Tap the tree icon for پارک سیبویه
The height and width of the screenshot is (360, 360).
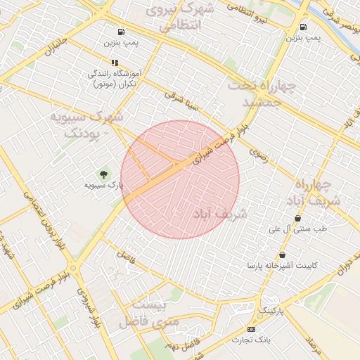tap(104, 174)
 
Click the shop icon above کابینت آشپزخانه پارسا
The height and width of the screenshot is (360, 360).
tap(283, 255)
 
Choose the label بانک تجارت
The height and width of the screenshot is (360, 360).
tap(252, 340)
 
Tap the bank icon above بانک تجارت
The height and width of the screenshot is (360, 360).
tap(252, 329)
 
